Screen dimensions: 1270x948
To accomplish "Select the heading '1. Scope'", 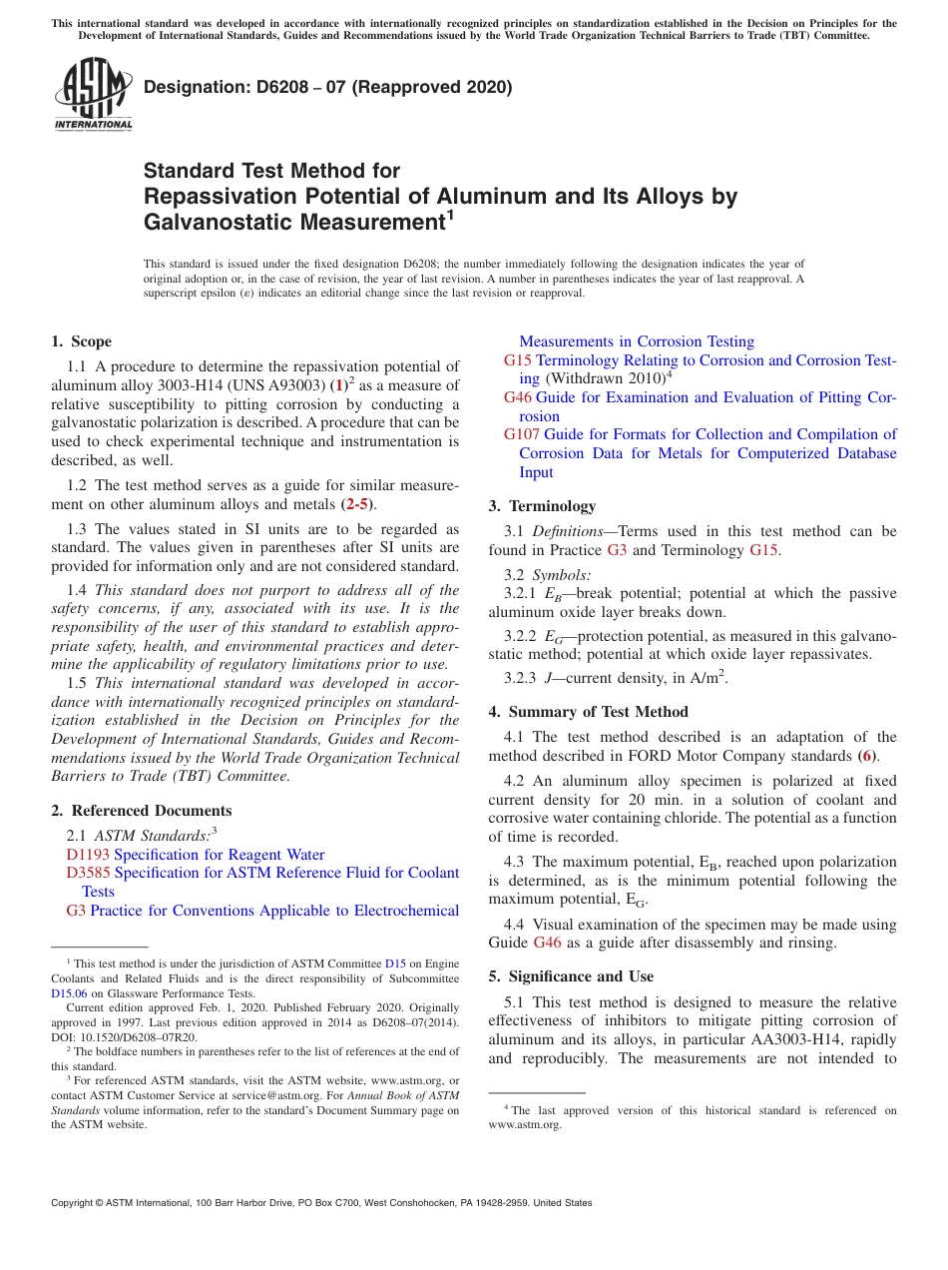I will (82, 341).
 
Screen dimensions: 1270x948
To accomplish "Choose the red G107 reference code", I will (521, 434).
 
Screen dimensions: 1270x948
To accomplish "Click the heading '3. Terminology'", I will (542, 506).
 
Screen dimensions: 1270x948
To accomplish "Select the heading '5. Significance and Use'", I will (571, 976).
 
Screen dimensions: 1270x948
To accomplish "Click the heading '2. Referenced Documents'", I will (141, 811).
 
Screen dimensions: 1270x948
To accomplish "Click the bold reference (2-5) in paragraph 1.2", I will (359, 504).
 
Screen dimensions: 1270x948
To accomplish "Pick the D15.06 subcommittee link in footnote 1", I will (71, 993).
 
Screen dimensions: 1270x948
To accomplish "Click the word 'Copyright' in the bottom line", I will (76, 1203).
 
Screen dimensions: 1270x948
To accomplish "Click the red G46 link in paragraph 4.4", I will (547, 943).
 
